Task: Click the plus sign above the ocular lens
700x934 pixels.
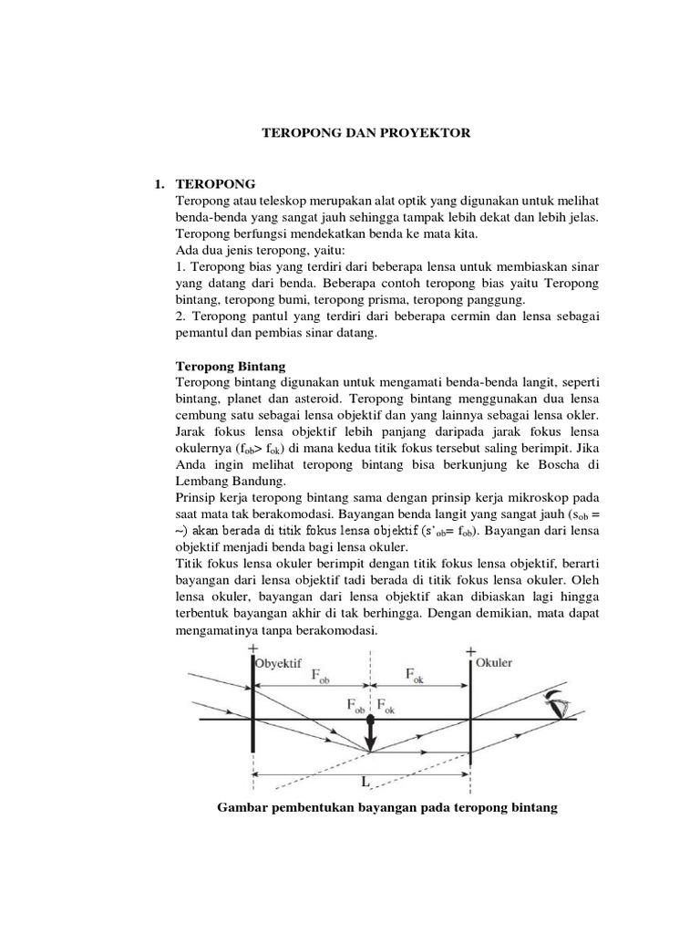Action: tap(471, 650)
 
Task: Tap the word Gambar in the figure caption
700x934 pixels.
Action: tap(239, 808)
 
